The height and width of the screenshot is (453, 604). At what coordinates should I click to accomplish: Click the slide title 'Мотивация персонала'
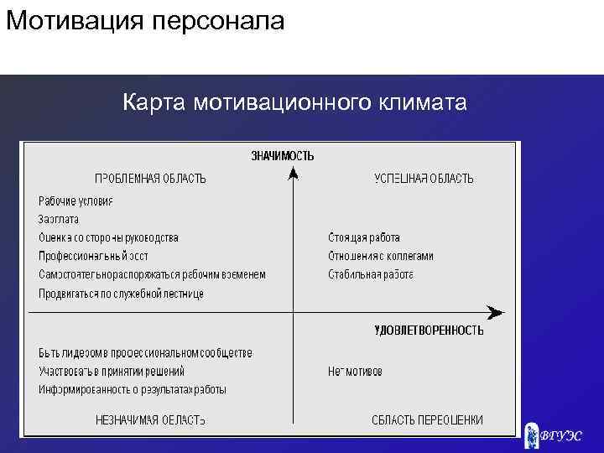coord(145,21)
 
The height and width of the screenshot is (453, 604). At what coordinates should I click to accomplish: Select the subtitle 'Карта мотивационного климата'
coord(294,103)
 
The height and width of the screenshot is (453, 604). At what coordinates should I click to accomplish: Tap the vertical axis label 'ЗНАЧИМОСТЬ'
coord(283,155)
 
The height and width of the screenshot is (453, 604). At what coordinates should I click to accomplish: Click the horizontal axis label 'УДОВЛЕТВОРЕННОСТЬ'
coord(428,331)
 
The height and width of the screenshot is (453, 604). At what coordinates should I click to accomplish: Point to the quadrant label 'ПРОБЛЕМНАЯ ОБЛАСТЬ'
coord(150,179)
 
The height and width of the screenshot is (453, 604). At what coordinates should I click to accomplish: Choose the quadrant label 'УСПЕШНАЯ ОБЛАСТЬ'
coord(423,179)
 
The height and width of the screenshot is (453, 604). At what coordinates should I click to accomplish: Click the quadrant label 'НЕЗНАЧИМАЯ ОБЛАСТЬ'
coord(150,420)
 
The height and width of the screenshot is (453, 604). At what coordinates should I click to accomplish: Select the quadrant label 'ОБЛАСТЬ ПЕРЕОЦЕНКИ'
coord(427,420)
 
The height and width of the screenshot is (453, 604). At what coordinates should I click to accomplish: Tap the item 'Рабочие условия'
coord(75,201)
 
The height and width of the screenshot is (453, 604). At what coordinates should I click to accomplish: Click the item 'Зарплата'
coord(59,219)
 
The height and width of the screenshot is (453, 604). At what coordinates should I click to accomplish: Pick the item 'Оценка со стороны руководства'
coord(108,238)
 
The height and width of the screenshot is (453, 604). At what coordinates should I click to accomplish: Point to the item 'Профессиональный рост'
coord(93,256)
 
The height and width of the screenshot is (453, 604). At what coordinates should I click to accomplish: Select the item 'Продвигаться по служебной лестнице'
coord(121,294)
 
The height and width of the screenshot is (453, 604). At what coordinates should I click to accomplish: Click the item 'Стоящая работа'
coord(364,238)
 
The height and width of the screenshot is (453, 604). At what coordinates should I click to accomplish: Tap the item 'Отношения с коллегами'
coord(381,256)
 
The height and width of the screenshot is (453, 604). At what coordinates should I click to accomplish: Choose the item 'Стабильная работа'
coord(371,274)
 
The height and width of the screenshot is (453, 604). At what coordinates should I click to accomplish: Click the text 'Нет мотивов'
coord(355,371)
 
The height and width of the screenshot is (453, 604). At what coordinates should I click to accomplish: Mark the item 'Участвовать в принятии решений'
coord(112,371)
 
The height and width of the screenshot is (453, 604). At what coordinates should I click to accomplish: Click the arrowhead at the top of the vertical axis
coord(293,172)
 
